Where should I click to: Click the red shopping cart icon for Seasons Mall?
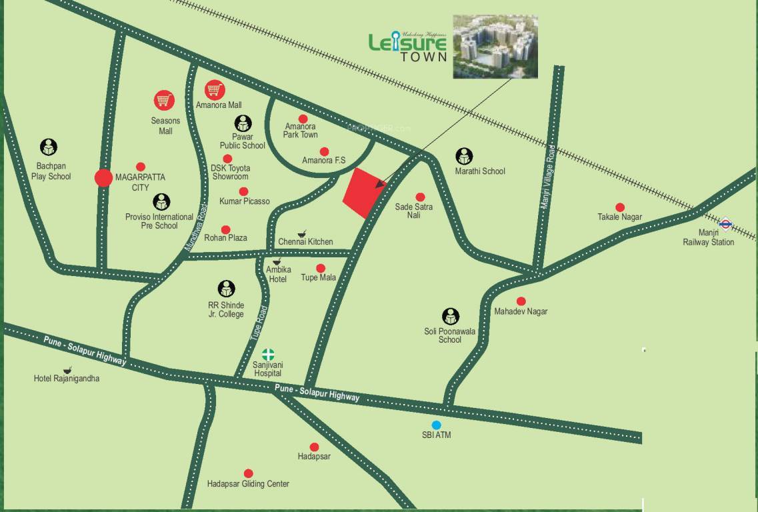pos(164,101)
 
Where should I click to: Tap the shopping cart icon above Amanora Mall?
pos(214,89)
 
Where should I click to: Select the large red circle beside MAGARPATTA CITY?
pos(103,178)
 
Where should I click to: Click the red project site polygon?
pos(364,193)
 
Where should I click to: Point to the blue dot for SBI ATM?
pos(436,425)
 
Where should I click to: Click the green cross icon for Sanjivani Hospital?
pos(267,354)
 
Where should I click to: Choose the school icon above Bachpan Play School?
pos(48,147)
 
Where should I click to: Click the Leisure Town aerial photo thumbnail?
pos(495,47)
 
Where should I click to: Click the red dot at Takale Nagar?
pos(620,207)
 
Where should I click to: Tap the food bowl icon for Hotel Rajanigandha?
pos(67,369)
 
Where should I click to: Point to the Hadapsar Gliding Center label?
pos(248,484)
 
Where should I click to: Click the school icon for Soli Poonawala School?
pos(451,316)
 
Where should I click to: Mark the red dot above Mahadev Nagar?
pos(521,301)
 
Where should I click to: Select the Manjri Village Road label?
pos(548,178)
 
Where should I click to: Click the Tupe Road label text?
pos(260,324)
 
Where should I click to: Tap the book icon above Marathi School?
pos(465,157)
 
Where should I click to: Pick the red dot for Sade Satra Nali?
pos(420,197)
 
